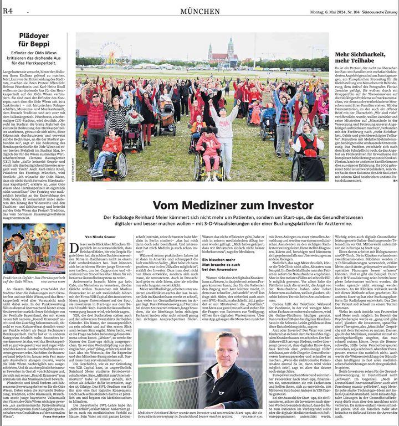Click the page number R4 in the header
point(8,11)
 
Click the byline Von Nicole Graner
point(100,235)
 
